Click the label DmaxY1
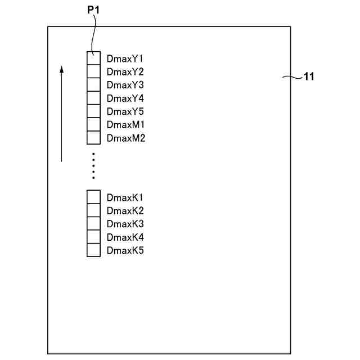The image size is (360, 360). click(125, 58)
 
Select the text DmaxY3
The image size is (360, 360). click(125, 85)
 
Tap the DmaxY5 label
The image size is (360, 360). click(125, 111)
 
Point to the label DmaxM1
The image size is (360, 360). click(125, 124)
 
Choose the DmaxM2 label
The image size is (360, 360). click(126, 138)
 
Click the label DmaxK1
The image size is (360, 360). click(125, 197)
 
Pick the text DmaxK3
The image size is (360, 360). click(125, 224)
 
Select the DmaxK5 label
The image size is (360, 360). click(125, 250)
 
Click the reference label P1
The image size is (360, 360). click(93, 10)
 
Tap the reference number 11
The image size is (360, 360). click(309, 77)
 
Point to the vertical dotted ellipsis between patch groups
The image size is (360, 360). click(93, 165)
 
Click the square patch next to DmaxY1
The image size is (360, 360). click(93, 58)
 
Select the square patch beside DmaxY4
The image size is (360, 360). click(93, 98)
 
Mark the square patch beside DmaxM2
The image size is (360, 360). click(93, 138)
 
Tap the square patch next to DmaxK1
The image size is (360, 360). click(93, 197)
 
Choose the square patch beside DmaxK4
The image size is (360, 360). click(93, 237)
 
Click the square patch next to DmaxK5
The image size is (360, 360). click(93, 250)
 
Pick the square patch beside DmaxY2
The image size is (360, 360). click(93, 71)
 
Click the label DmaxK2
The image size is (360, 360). click(125, 211)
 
